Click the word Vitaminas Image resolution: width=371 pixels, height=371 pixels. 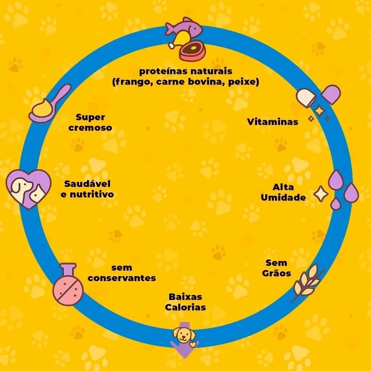[x=272, y=122]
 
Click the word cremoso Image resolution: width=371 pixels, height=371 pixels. [x=90, y=128]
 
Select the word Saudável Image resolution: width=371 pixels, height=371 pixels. [x=87, y=184]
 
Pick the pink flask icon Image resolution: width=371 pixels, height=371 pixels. [x=68, y=284]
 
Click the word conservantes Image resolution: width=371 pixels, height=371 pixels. [x=122, y=278]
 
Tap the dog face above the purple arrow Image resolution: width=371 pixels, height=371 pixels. [x=184, y=334]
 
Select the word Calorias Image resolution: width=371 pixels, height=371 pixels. [x=185, y=307]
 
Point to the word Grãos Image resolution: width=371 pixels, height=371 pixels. [x=276, y=273]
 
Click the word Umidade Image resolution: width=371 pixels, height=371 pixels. [x=283, y=197]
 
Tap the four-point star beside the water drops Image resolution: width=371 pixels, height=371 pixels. [x=321, y=194]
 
